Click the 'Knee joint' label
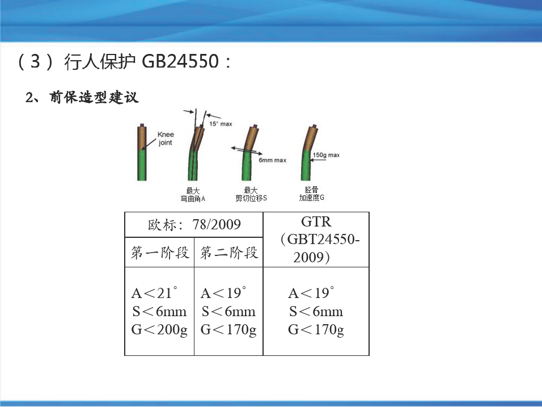pos(166,139)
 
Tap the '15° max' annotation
pos(221,124)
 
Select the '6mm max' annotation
pos(272,160)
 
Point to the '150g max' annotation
pos(326,155)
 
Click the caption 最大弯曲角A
pos(193,195)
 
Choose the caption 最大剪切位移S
pos(251,194)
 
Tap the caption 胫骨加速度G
pos(311,194)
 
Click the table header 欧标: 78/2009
pos(194,225)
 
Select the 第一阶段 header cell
pos(160,252)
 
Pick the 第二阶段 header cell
pos(229,252)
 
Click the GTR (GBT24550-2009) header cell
pos(316,240)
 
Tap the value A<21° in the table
pos(155,293)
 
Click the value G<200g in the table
pos(159,329)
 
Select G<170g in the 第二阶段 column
pos(228,329)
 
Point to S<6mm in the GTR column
pos(316,312)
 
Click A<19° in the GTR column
pos(311,293)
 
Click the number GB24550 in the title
pos(180,61)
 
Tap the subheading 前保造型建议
pos(94,98)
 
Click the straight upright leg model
pos(142,152)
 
